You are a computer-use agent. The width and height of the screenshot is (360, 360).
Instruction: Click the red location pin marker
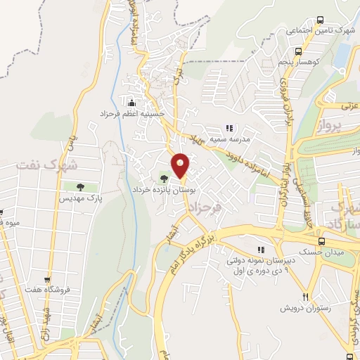click(181, 165)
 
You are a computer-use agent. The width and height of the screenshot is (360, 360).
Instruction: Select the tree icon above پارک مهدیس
click(81, 186)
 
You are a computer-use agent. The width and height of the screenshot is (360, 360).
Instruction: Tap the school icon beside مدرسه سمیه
click(228, 128)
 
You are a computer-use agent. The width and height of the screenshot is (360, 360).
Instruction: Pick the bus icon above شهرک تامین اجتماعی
click(321, 20)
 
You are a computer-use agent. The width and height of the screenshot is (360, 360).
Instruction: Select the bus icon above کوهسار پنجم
click(300, 51)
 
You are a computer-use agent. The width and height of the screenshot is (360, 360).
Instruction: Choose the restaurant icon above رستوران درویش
click(305, 297)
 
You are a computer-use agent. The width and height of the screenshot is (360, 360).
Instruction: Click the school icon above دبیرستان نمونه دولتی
click(261, 250)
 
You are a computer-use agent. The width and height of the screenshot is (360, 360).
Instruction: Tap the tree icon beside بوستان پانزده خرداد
click(163, 178)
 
